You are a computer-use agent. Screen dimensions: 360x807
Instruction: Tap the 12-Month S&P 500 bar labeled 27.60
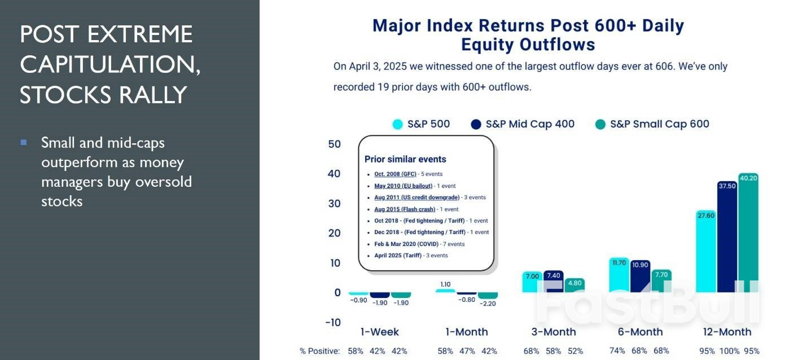pos(706,251)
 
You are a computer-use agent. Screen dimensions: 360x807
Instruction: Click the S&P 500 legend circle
pos(398,124)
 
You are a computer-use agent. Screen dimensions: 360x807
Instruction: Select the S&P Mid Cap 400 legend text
pos(529,124)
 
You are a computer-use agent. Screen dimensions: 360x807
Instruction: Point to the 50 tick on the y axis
pos(334,144)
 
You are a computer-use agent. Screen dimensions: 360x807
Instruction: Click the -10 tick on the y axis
pos(333,322)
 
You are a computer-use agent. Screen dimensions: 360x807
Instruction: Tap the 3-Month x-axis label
pos(554,332)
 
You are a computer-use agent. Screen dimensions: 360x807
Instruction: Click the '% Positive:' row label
pos(319,351)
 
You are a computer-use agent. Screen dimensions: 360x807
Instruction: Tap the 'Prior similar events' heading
pos(405,159)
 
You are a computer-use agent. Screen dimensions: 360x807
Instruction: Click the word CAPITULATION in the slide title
pos(109,65)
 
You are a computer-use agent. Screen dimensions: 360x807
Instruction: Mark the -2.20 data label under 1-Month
pos(488,303)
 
